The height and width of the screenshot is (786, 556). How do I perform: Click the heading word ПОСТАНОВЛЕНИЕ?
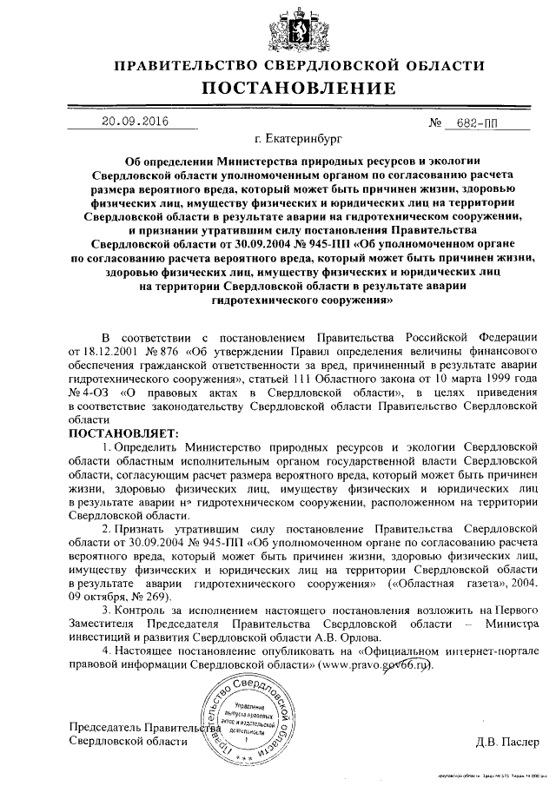[x=299, y=88]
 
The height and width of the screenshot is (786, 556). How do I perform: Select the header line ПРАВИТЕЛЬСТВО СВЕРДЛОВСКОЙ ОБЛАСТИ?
[x=299, y=65]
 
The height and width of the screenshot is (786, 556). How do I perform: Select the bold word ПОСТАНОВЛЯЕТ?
[x=122, y=432]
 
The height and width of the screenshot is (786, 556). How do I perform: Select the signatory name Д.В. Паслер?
[x=506, y=743]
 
